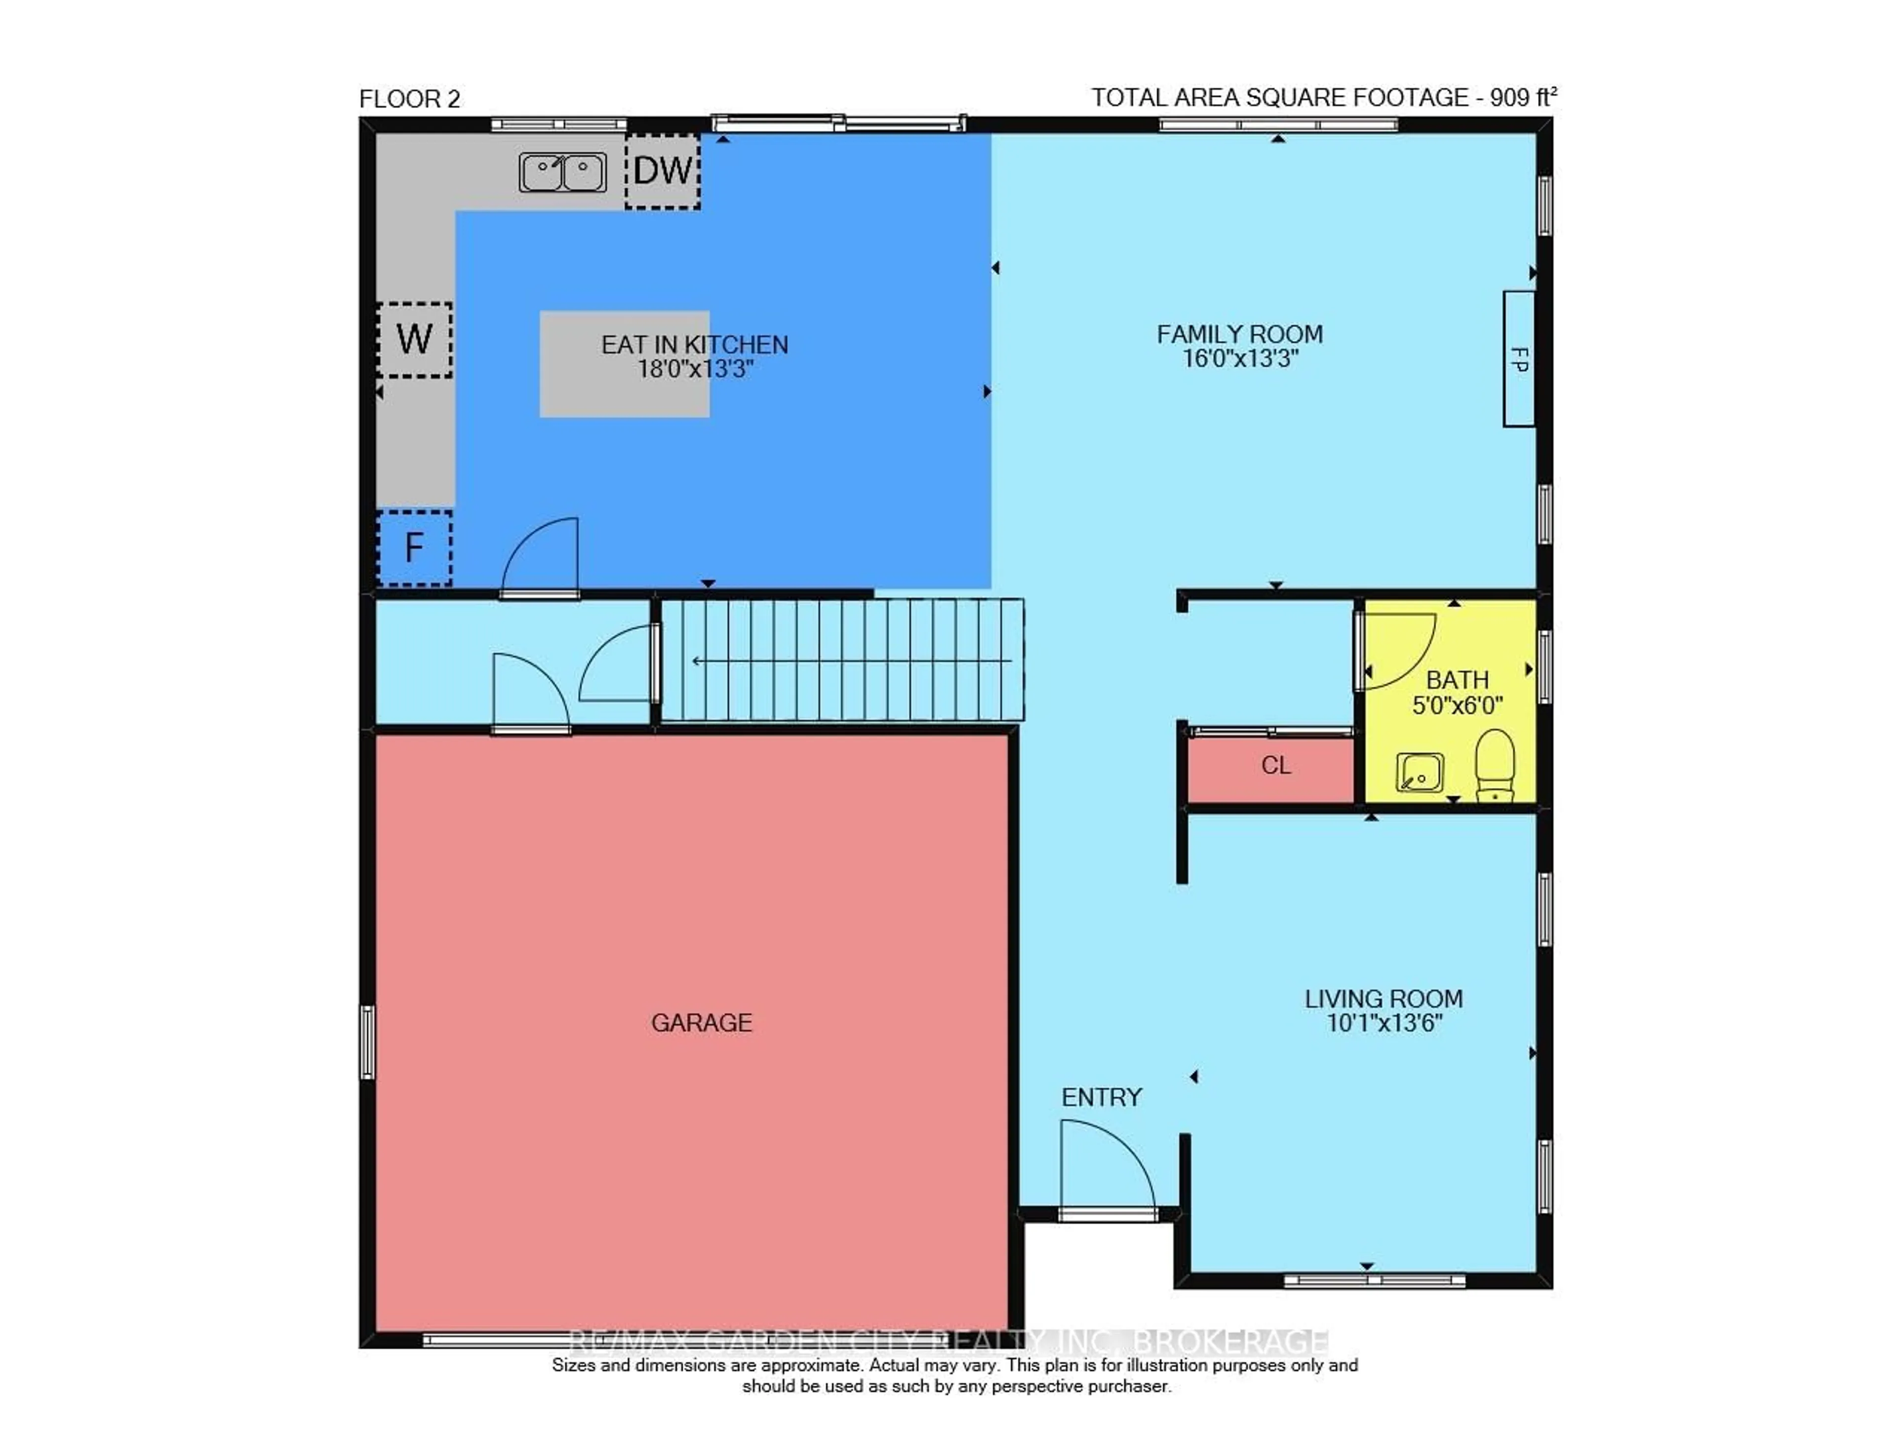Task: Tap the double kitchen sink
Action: pos(562,171)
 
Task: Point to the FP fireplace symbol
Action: pos(1518,358)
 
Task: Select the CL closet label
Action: pos(1275,765)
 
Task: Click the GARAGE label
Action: pos(701,1022)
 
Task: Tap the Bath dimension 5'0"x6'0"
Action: pos(1457,705)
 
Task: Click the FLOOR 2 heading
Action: pos(410,99)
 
